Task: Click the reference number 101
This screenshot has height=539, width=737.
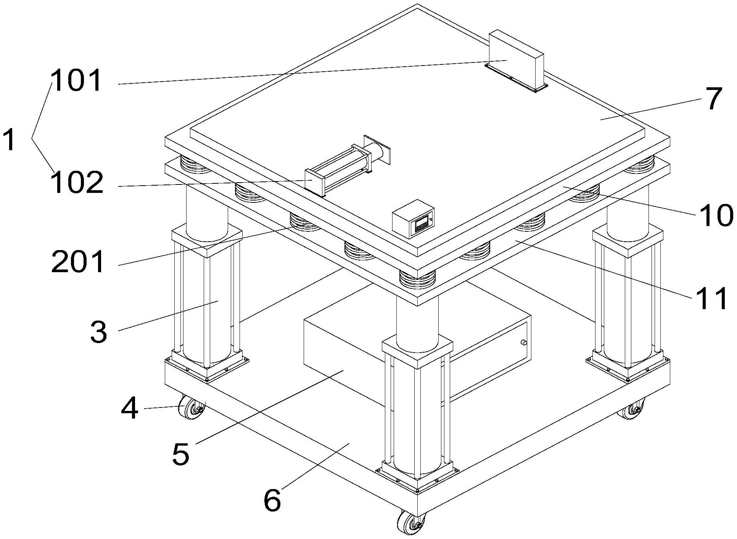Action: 77,81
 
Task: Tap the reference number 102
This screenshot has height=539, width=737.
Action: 77,183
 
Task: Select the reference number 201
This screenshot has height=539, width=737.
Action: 78,263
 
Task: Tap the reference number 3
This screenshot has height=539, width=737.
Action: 99,332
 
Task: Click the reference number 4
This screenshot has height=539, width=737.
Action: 129,409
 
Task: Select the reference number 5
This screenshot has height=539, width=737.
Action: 180,454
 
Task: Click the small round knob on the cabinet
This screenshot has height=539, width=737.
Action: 523,343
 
